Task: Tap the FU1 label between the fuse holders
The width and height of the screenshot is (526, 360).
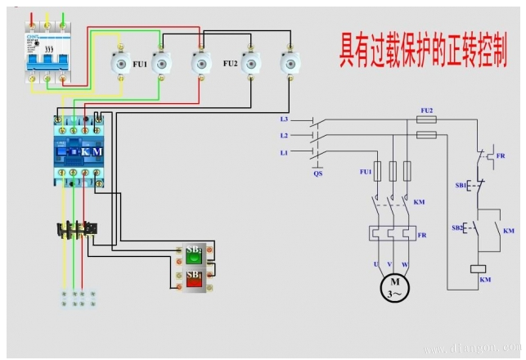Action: pyautogui.click(x=140, y=63)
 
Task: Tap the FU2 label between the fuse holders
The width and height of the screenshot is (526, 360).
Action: pyautogui.click(x=230, y=63)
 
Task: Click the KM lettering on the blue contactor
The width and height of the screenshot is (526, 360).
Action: pyautogui.click(x=92, y=151)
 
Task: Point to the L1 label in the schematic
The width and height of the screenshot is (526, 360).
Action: pyautogui.click(x=284, y=153)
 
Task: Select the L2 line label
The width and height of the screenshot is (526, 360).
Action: pyautogui.click(x=284, y=135)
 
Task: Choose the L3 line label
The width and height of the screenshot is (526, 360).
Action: pyautogui.click(x=284, y=119)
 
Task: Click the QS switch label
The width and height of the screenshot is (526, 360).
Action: pyautogui.click(x=318, y=173)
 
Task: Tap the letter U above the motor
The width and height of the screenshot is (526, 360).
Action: pyautogui.click(x=377, y=263)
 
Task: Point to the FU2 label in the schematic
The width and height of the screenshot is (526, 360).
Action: pyautogui.click(x=426, y=110)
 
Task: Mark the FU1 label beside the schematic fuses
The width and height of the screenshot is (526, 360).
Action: pyautogui.click(x=366, y=173)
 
